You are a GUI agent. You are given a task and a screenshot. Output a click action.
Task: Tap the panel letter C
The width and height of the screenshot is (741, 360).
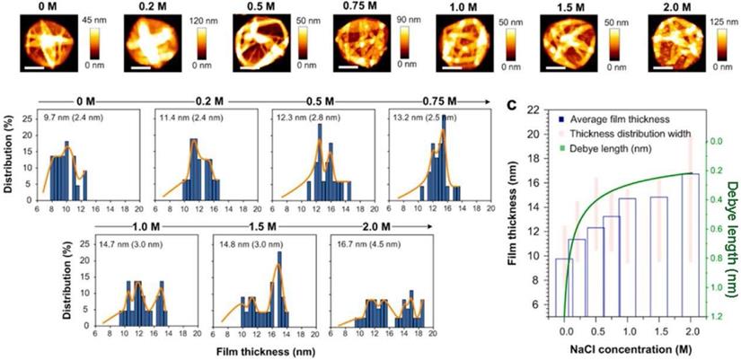pyautogui.click(x=510, y=105)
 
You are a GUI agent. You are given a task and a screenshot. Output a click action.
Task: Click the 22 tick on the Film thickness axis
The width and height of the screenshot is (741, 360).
pyautogui.click(x=534, y=110)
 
